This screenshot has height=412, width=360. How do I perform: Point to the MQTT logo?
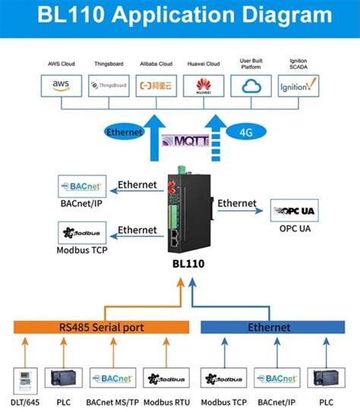(x=182, y=140)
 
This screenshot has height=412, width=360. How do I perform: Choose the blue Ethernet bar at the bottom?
(x=270, y=327)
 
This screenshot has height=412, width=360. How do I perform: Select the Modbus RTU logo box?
(x=161, y=378)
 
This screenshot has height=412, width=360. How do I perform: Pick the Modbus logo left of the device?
(x=83, y=231)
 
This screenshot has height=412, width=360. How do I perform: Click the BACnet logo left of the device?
(x=83, y=184)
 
